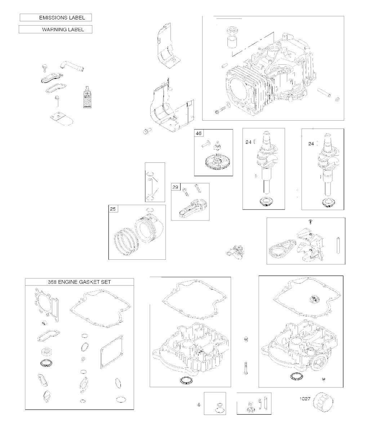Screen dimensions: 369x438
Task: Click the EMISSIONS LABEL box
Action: coord(55,17)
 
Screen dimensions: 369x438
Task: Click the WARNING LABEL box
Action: coord(55,30)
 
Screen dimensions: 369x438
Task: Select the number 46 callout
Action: coord(199,133)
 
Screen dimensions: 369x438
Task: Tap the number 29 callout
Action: coord(175,187)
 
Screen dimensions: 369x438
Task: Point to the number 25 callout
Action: coord(113,209)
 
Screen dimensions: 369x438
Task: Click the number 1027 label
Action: coord(305,399)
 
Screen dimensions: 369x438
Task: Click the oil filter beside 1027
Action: coord(323,402)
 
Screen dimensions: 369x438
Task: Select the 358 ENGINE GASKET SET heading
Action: coord(79,282)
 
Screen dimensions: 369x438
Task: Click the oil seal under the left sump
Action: coord(186,380)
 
